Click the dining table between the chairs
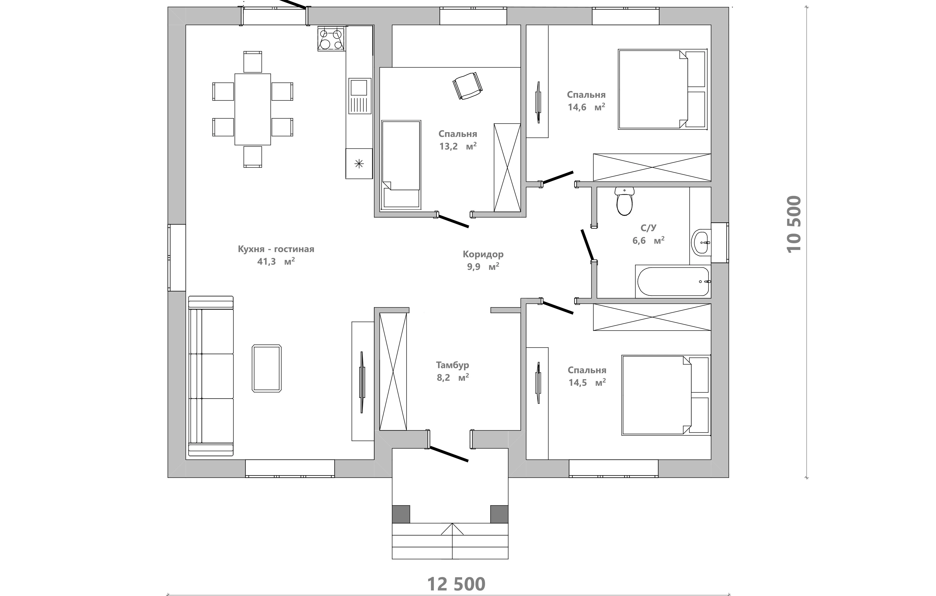[x=253, y=109]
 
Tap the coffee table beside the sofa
[x=267, y=368]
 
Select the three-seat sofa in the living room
[x=211, y=376]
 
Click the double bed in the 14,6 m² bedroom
[x=662, y=89]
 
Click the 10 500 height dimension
[x=794, y=224]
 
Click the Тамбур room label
[x=452, y=365]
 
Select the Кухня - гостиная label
[x=276, y=249]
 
